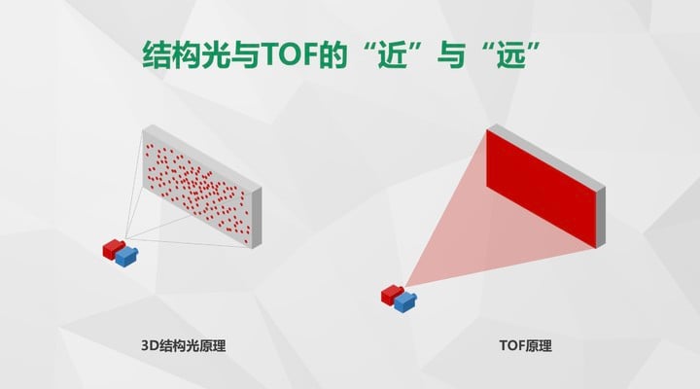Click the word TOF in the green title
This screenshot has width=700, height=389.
point(288,54)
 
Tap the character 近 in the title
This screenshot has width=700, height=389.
point(393,54)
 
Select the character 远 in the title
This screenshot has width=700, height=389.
point(511,54)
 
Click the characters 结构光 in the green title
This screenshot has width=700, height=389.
point(186,54)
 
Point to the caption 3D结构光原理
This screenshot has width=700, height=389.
point(184,345)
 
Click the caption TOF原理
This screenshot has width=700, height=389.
point(525,345)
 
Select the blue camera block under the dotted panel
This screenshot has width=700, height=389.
point(126,257)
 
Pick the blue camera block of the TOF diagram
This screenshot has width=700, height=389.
point(404,301)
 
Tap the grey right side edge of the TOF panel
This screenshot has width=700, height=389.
point(601,217)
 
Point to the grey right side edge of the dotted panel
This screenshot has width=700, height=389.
point(257,218)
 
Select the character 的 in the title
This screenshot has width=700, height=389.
point(332,54)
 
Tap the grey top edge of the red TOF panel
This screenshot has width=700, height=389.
point(546,157)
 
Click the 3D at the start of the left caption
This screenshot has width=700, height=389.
point(150,345)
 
